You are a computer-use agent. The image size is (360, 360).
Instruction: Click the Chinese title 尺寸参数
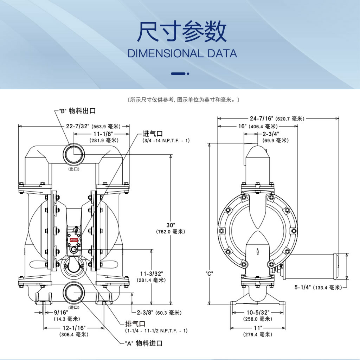click(182, 33)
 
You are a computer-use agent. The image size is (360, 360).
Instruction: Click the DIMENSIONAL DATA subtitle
click(182, 54)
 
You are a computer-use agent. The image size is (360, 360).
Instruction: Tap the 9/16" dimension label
click(60, 312)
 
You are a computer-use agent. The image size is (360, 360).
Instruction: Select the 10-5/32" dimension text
click(257, 312)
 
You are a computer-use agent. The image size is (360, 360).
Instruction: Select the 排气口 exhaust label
click(135, 323)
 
